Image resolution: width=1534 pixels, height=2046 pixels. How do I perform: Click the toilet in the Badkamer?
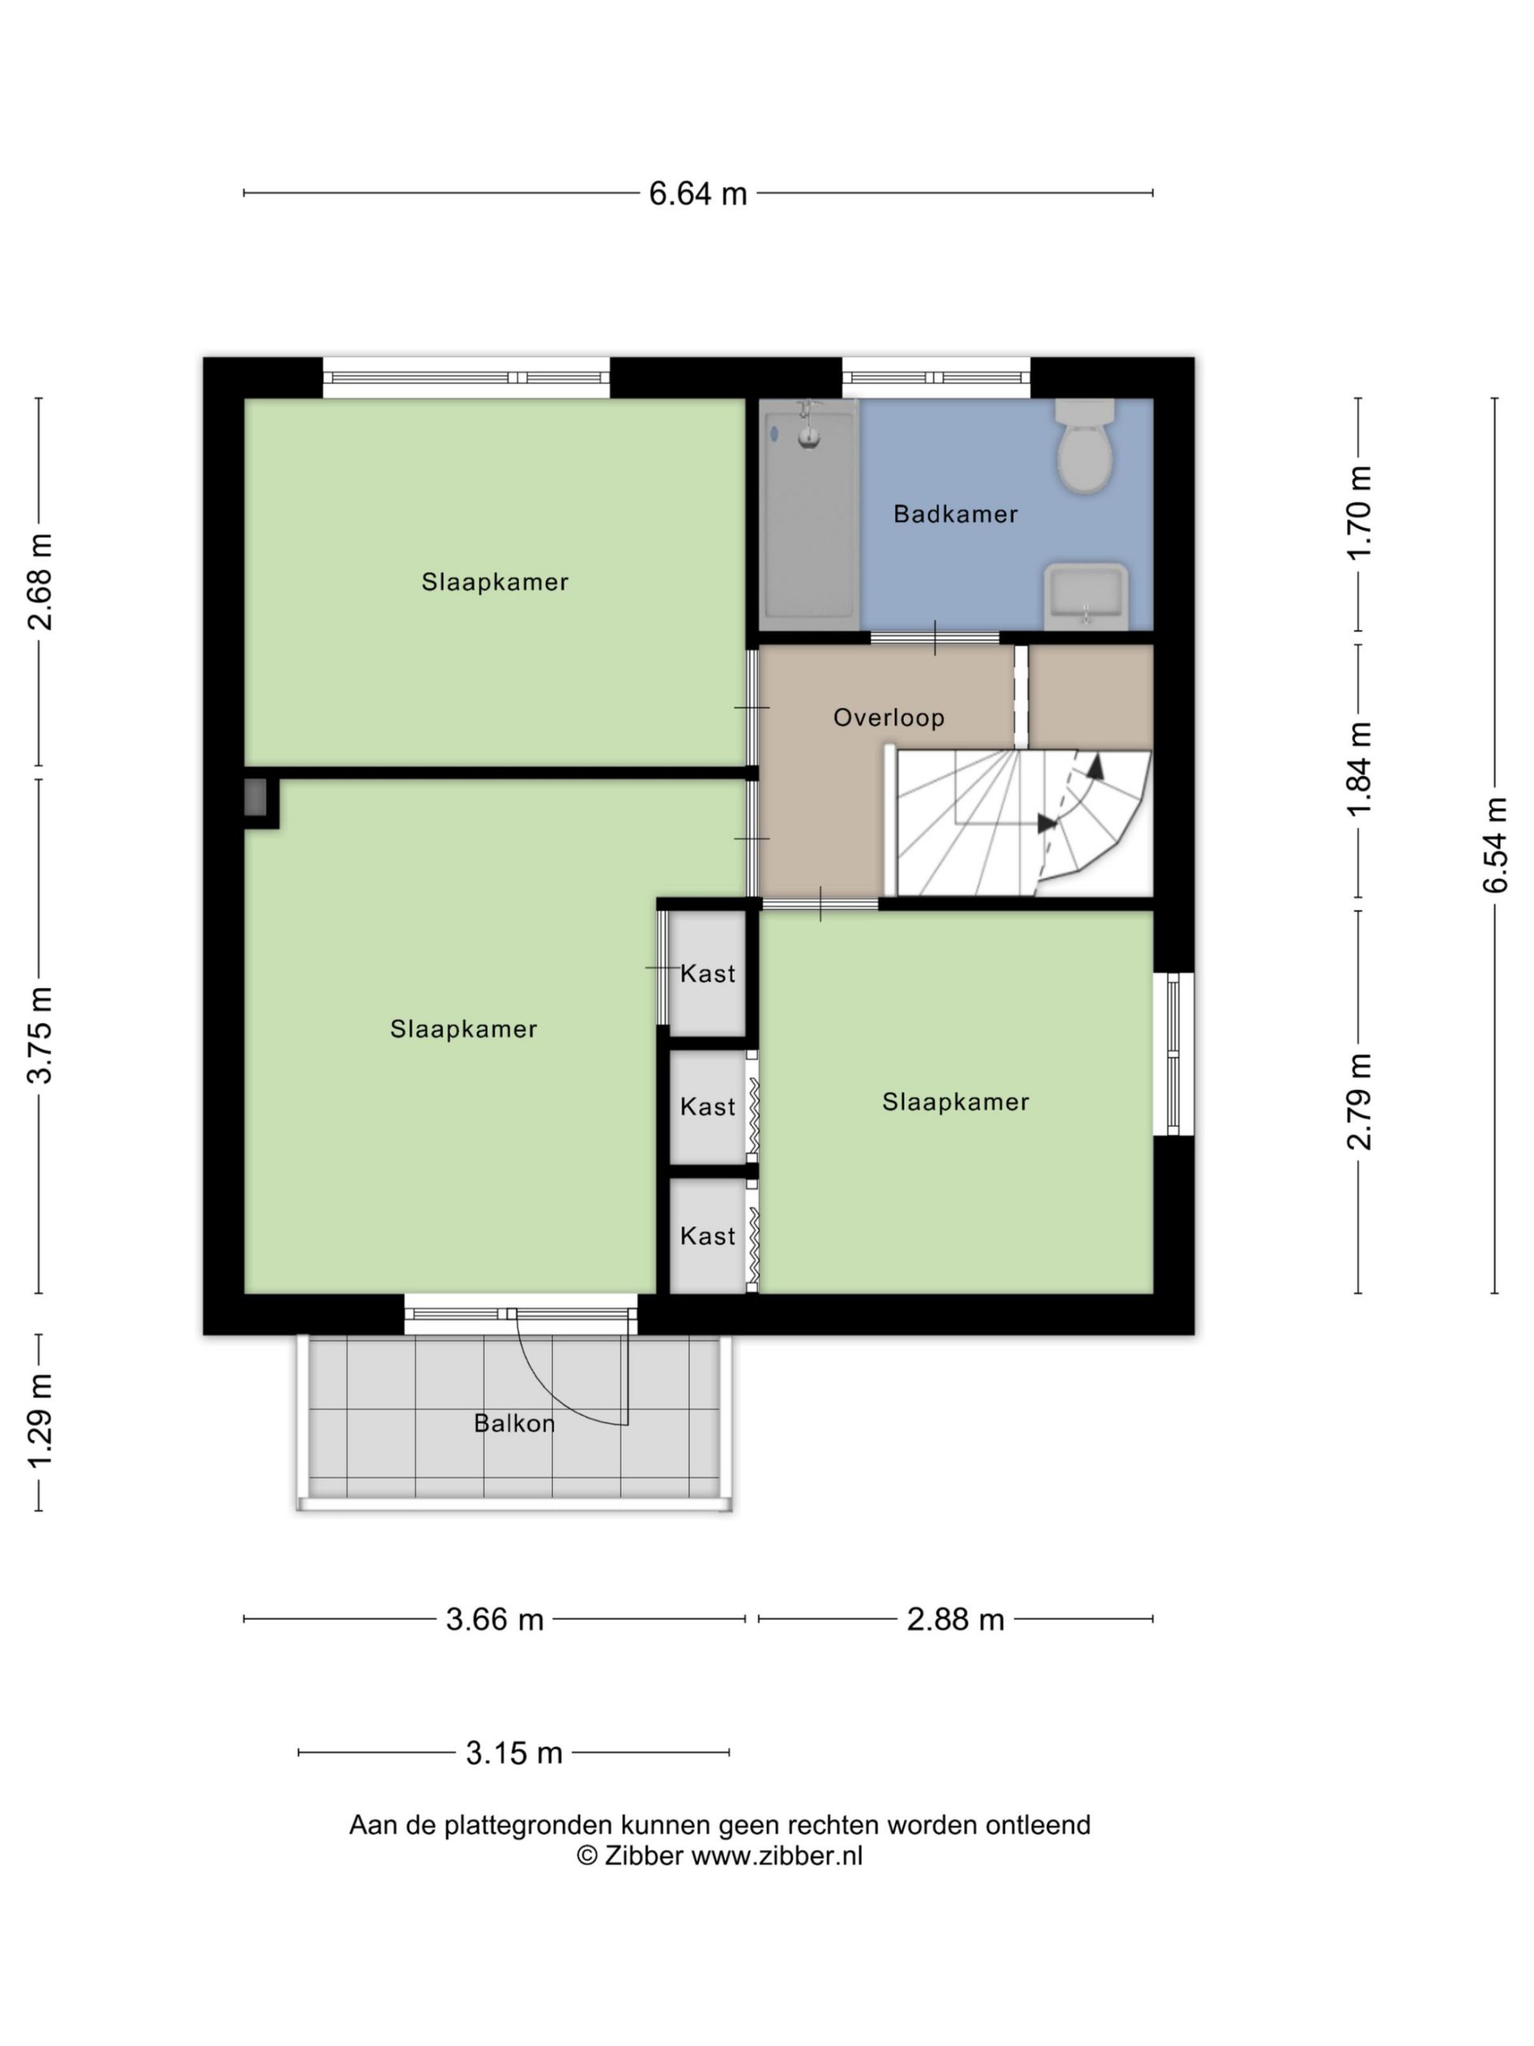pyautogui.click(x=1085, y=445)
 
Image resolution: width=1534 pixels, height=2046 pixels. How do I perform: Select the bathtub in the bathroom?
pyautogui.click(x=810, y=514)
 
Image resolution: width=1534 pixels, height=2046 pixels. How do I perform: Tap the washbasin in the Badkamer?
pyautogui.click(x=1086, y=595)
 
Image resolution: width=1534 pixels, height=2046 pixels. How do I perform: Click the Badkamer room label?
pyautogui.click(x=956, y=514)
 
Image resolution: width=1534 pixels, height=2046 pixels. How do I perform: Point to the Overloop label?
pyautogui.click(x=888, y=718)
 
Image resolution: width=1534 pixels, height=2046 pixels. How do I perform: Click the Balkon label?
pyautogui.click(x=514, y=1423)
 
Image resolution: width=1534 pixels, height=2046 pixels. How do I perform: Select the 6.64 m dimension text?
pyautogui.click(x=697, y=193)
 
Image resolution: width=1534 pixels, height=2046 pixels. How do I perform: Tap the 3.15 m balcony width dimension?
pyautogui.click(x=514, y=1753)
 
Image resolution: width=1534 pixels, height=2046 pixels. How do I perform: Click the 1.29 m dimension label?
pyautogui.click(x=40, y=1422)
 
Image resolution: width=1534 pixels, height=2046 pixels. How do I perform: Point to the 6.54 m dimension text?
pyautogui.click(x=1495, y=845)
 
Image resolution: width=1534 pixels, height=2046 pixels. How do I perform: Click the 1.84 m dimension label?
pyautogui.click(x=1358, y=770)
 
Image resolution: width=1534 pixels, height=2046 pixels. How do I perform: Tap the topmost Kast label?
pyautogui.click(x=707, y=973)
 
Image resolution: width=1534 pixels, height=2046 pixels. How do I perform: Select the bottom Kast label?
pyautogui.click(x=707, y=1236)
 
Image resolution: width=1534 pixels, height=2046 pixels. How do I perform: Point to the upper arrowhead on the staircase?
pyautogui.click(x=1095, y=764)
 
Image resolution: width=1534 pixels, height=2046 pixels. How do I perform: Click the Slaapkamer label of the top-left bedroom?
pyautogui.click(x=495, y=582)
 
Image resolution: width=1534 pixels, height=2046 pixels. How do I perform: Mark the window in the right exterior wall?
pyautogui.click(x=1174, y=1053)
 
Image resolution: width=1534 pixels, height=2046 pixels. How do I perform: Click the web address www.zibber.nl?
pyautogui.click(x=777, y=1856)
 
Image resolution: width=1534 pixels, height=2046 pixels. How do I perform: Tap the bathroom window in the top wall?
pyautogui.click(x=936, y=377)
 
